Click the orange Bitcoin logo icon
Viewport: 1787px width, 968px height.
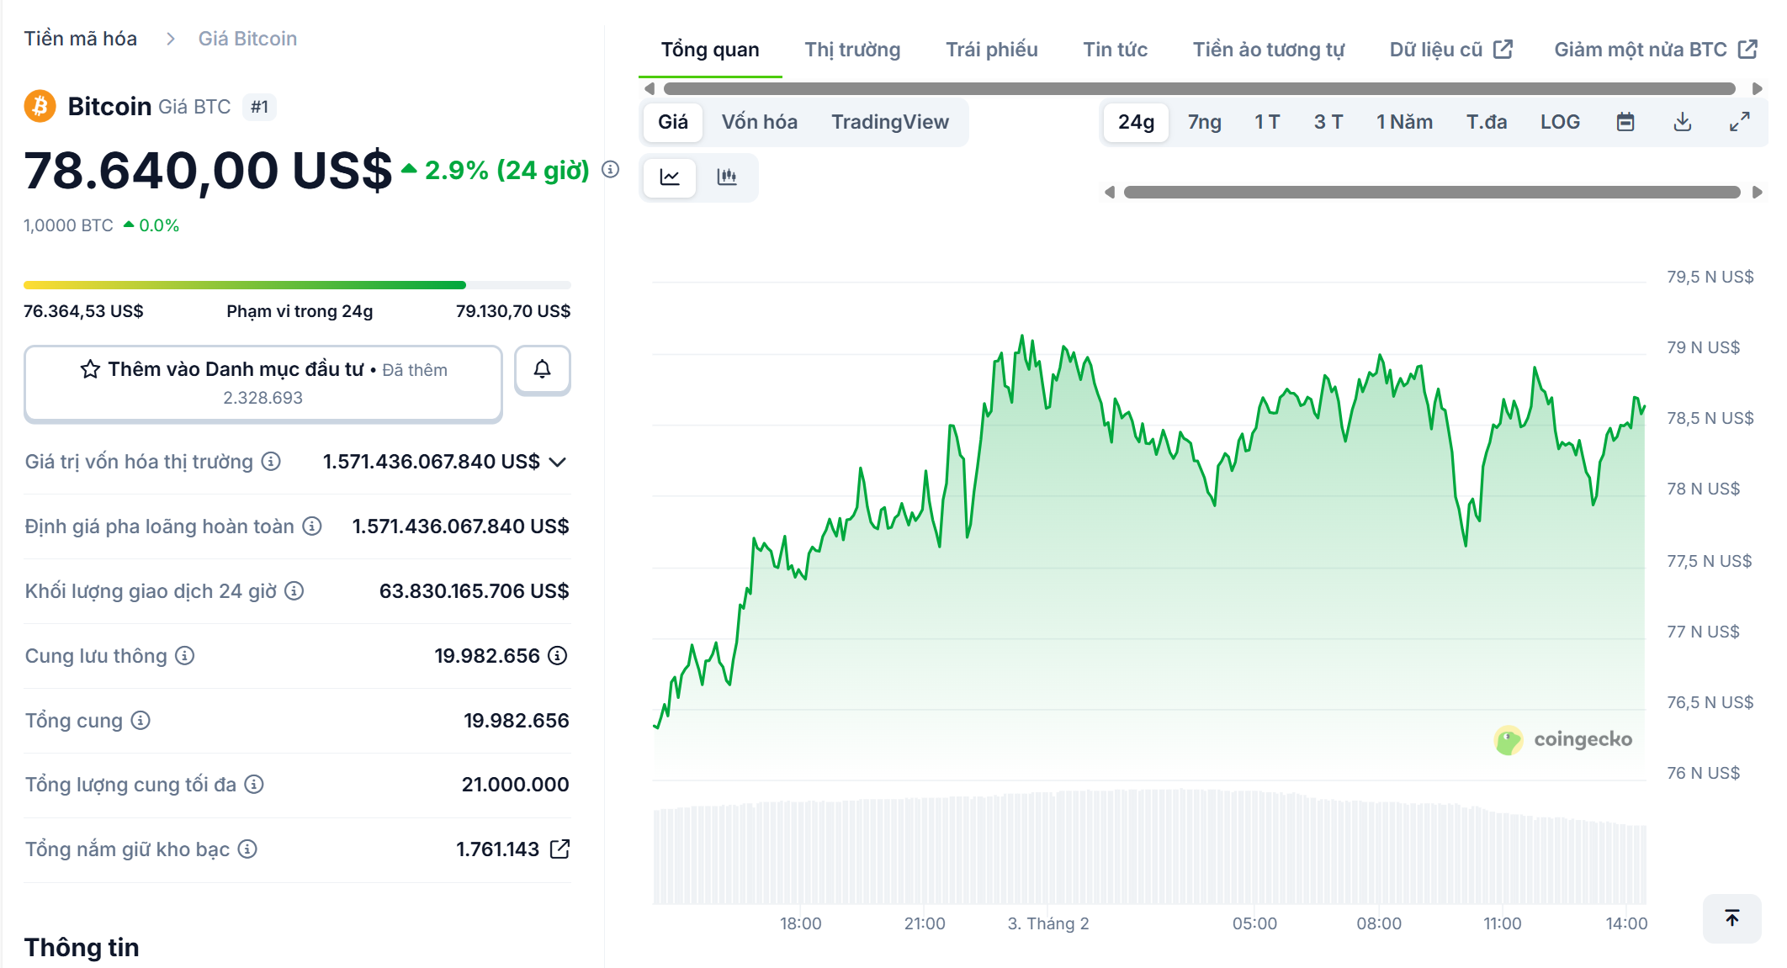[x=40, y=107]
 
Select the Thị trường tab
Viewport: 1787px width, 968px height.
[x=852, y=50]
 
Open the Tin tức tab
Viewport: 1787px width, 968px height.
[x=1115, y=50]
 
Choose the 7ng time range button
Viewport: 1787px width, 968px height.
[x=1204, y=122]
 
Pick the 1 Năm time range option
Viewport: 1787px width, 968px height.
[x=1404, y=122]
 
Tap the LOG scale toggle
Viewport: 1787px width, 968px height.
[x=1560, y=122]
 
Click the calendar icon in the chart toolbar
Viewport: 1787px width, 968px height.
[x=1625, y=122]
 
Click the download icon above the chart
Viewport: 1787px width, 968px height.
[x=1683, y=122]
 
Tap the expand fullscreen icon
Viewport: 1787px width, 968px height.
[x=1740, y=122]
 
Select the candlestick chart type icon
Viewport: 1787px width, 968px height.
[x=727, y=177]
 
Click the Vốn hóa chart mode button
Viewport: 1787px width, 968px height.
[x=759, y=122]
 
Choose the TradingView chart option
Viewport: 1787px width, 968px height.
[x=890, y=122]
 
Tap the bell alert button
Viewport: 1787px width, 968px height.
[x=543, y=369]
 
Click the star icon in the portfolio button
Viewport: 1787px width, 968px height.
[x=90, y=369]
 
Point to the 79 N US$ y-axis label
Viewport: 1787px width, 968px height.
[x=1703, y=347]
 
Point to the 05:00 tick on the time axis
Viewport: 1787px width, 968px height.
[x=1254, y=923]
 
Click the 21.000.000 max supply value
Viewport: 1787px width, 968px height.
[x=515, y=785]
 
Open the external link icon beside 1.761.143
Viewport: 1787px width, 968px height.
[x=559, y=849]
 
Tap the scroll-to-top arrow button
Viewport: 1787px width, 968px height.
[x=1731, y=918]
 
